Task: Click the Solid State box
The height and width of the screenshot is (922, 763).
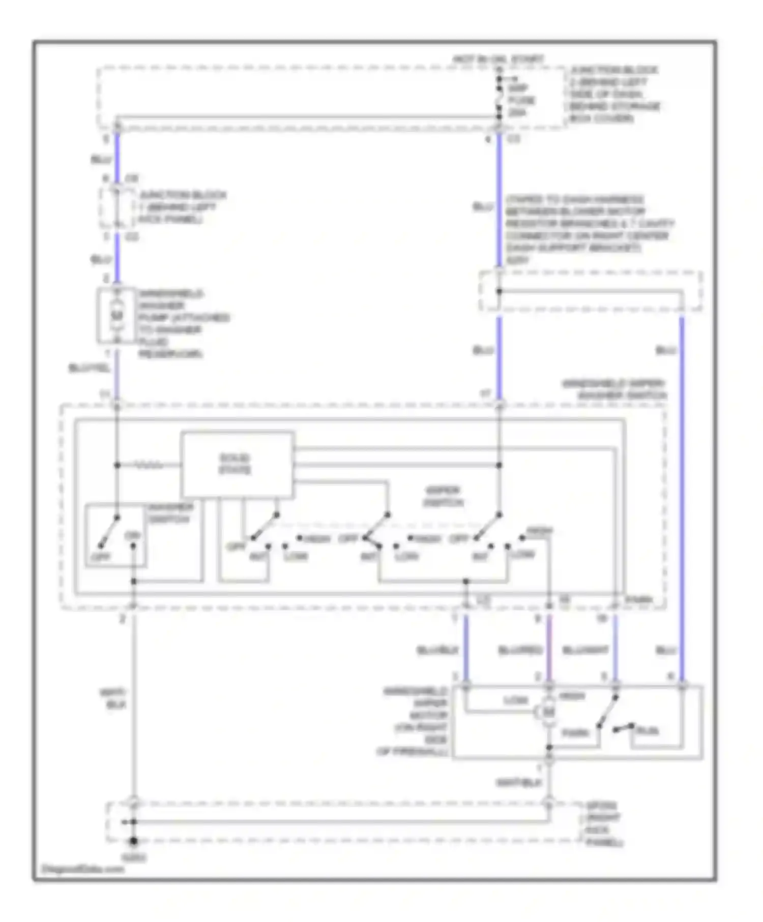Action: pos(238,464)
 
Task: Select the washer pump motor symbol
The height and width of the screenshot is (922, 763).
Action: pos(117,316)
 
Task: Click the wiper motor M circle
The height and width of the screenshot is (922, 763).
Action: pos(548,712)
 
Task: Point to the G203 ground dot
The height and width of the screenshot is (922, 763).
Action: pos(133,842)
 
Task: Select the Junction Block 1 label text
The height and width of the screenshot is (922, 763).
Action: pos(176,207)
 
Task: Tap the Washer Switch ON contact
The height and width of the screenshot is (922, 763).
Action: pos(133,546)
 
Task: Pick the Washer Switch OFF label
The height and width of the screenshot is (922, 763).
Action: pos(100,557)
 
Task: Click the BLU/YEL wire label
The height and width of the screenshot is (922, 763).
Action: pos(90,368)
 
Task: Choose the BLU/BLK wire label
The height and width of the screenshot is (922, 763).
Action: pos(437,651)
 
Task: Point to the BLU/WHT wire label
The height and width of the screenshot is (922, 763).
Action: pos(585,651)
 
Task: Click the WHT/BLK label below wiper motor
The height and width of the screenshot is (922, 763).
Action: pos(519,783)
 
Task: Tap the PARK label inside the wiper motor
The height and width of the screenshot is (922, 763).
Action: pos(575,733)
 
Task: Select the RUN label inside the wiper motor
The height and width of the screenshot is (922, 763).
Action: pos(647,731)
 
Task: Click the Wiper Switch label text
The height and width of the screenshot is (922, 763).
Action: pos(443,497)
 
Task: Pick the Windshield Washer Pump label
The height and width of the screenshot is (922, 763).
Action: pos(183,323)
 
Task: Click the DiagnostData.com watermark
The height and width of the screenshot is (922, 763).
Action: pos(82,869)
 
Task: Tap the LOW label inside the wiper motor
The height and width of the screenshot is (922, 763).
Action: pos(516,700)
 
